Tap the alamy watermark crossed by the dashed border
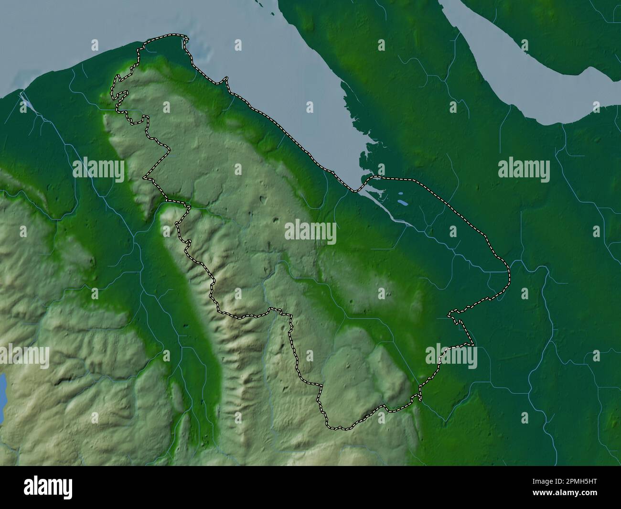451,357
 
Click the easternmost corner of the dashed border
509,277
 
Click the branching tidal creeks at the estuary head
363,158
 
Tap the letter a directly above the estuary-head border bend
381,169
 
